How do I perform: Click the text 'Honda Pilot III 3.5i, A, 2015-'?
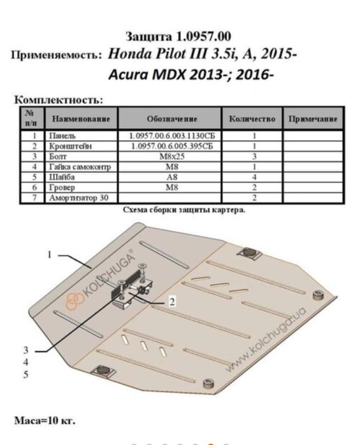202,54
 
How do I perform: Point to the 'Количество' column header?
252,118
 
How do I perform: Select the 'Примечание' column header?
312,118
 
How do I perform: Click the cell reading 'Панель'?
62,136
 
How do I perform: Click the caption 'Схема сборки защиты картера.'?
184,208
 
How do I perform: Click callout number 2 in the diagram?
172,302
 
